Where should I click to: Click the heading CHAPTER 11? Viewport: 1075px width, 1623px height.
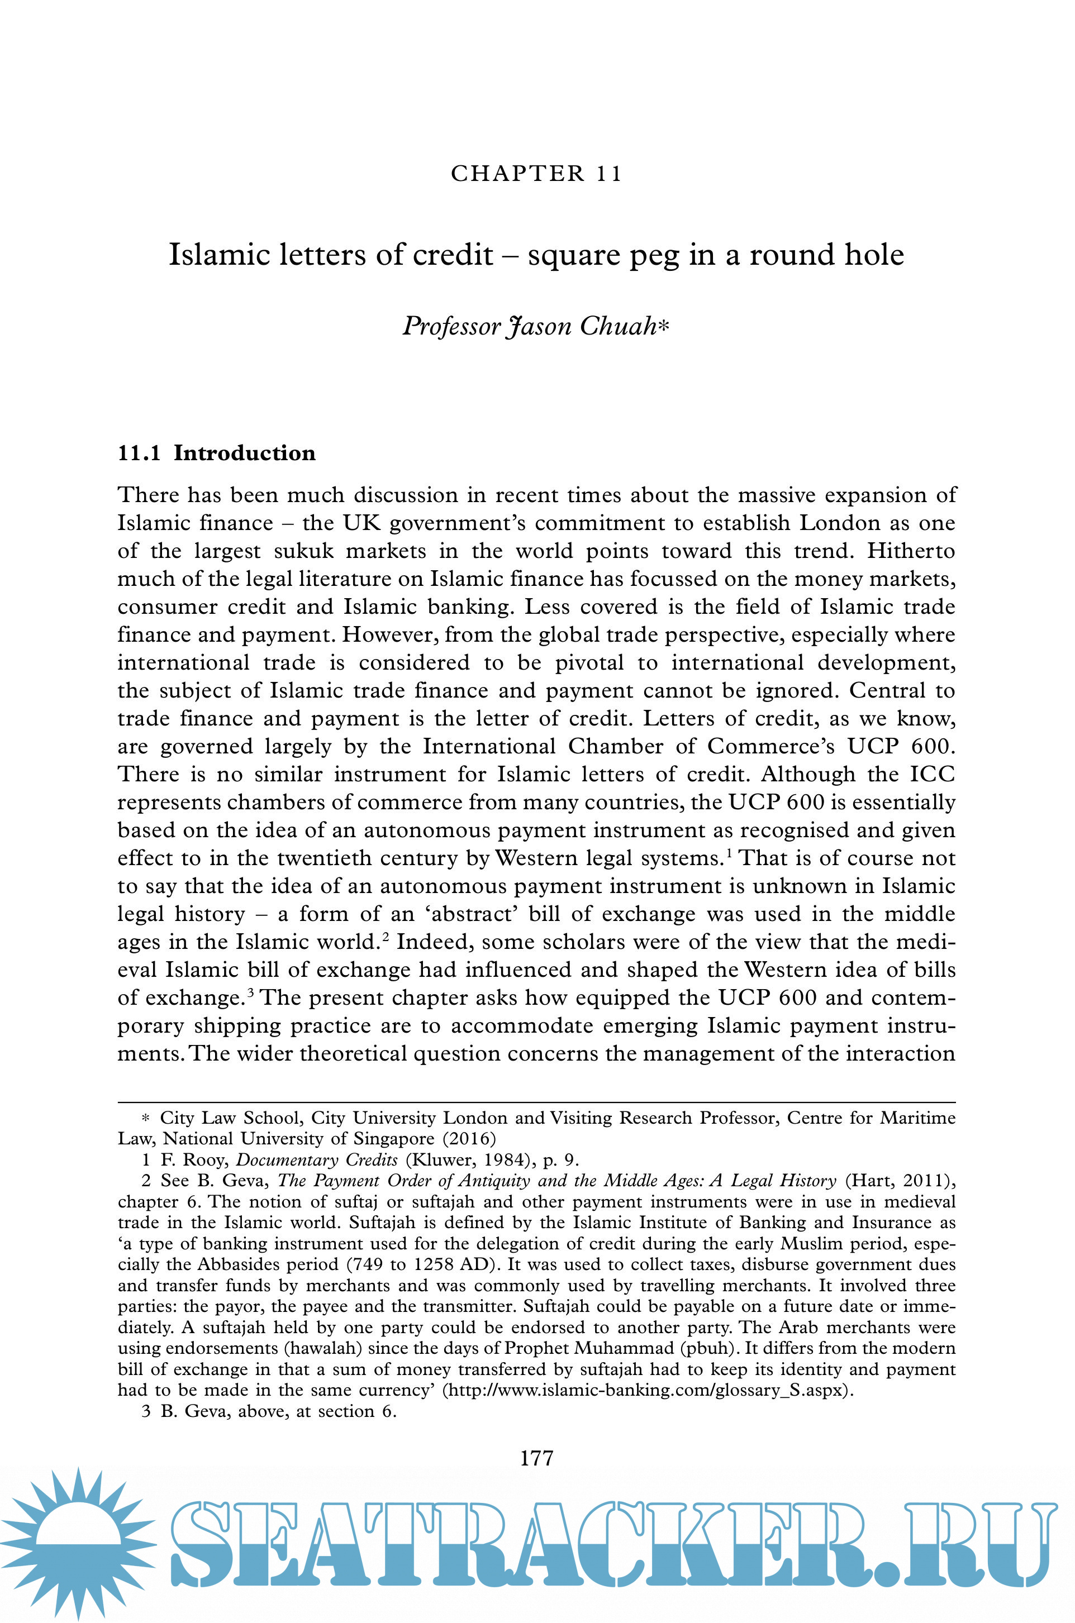click(x=536, y=173)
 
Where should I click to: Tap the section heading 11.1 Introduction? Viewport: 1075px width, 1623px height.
click(x=217, y=454)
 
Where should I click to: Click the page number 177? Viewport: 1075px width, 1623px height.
click(x=537, y=1458)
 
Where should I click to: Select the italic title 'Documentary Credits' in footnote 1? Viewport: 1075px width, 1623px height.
click(x=317, y=1160)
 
